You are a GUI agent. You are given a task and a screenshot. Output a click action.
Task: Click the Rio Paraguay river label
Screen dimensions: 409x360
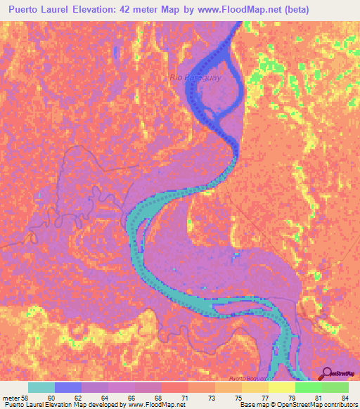point(195,77)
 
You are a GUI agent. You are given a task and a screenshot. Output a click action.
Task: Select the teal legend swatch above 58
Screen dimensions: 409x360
point(41,387)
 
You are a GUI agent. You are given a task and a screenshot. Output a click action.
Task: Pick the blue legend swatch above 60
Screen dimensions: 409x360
point(68,387)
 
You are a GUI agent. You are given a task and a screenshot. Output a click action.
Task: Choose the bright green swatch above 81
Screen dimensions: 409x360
point(308,387)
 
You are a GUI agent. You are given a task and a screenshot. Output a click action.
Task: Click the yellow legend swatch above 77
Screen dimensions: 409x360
point(255,387)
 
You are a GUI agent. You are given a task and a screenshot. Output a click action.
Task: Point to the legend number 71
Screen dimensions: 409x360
point(184,397)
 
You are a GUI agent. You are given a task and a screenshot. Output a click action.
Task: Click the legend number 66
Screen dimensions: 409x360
point(131,397)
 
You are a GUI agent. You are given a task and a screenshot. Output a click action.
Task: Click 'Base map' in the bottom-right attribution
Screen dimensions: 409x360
point(253,405)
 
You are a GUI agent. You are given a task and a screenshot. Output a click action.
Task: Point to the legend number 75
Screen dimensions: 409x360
point(238,397)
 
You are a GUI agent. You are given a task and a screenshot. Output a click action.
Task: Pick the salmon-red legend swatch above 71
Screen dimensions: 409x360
point(174,387)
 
